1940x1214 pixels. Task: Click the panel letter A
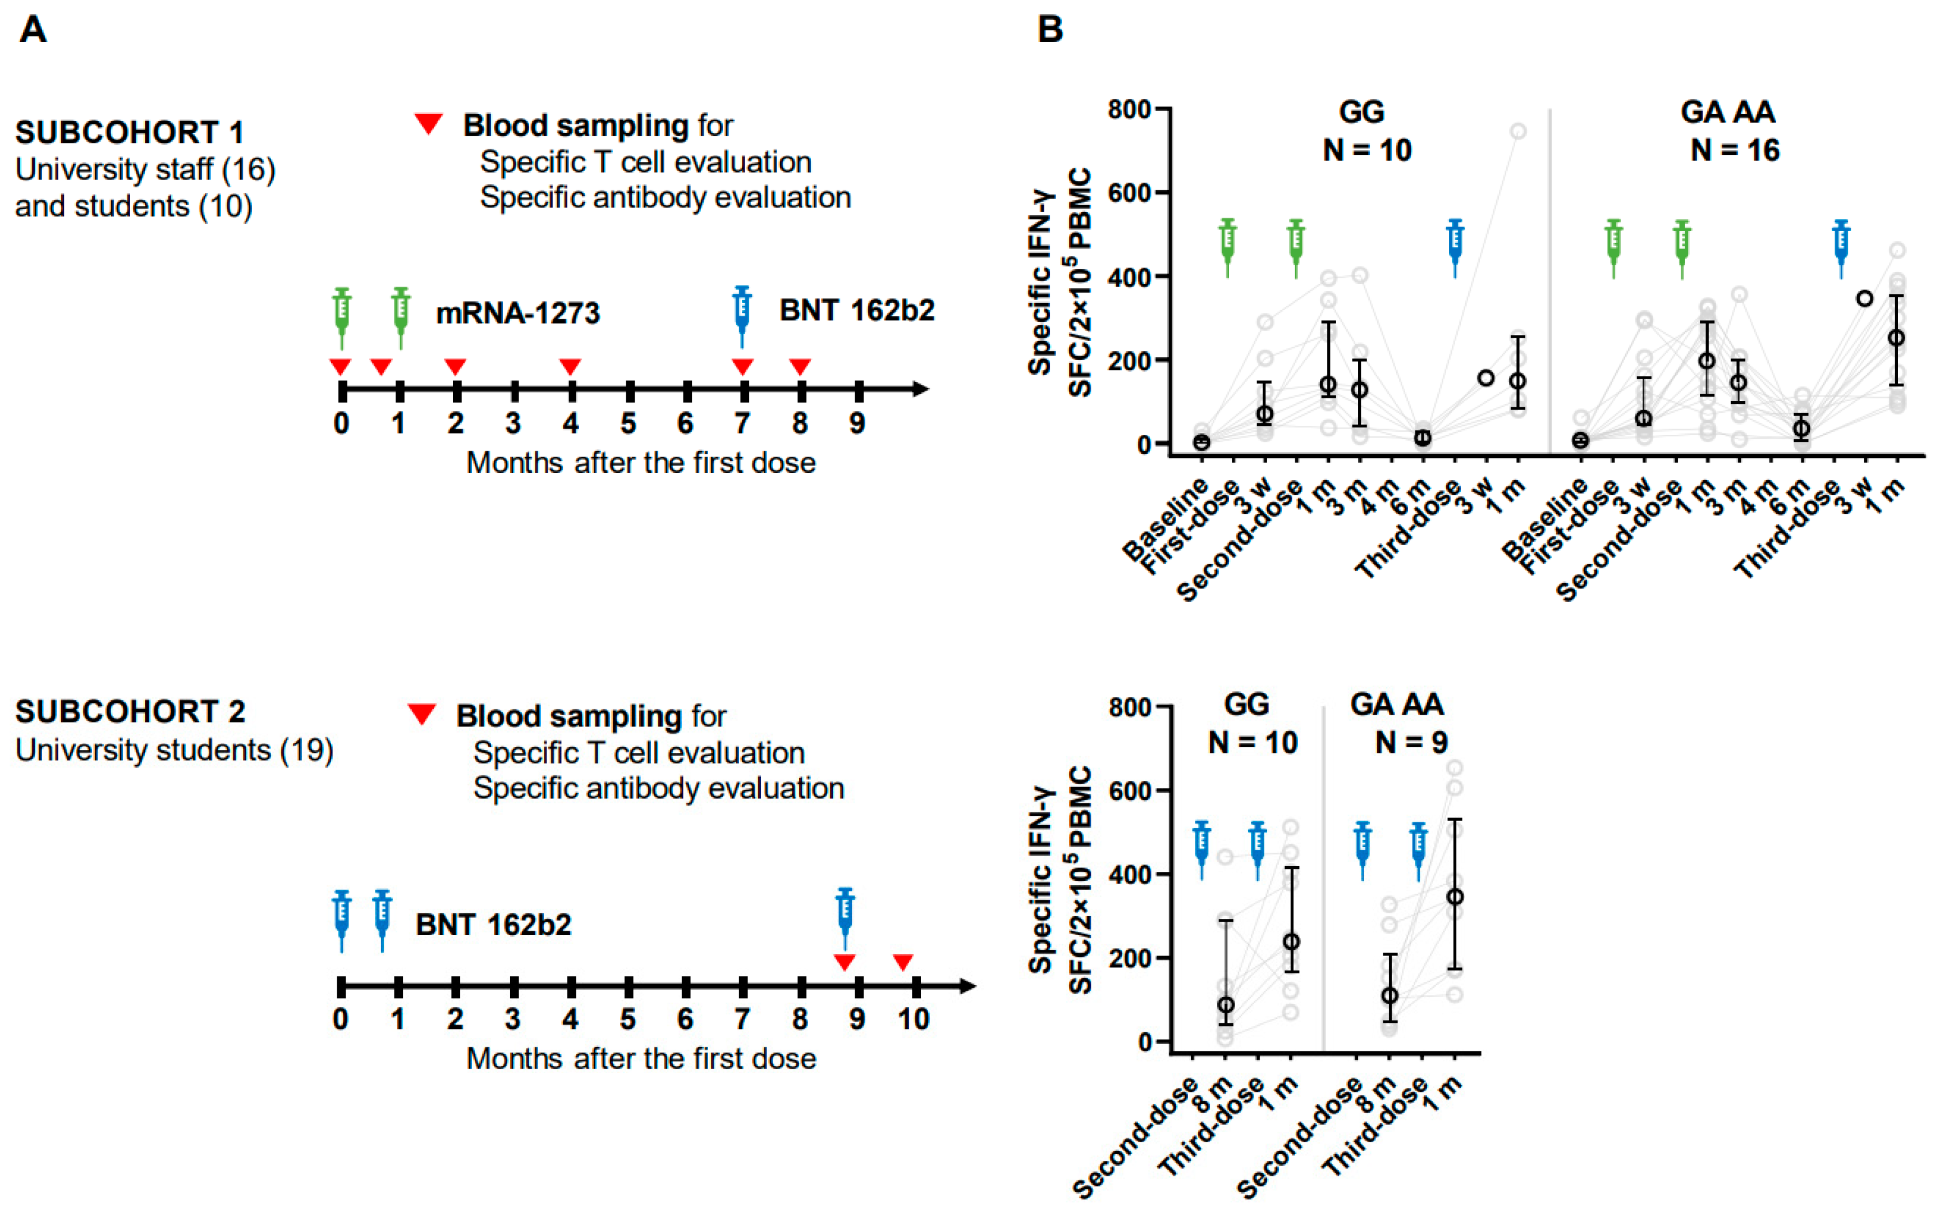(x=33, y=30)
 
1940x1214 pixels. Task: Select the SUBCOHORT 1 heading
(x=129, y=132)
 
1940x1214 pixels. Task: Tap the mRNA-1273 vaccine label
(x=518, y=313)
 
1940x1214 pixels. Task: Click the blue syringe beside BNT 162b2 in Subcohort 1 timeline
(x=742, y=315)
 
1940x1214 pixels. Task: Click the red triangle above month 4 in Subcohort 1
(x=570, y=367)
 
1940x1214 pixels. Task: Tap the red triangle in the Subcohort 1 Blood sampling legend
(x=428, y=123)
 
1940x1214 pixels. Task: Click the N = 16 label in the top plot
(x=1735, y=150)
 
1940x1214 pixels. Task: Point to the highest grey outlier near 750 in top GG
(x=1517, y=131)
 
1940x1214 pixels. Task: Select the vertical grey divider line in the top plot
(x=1550, y=281)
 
